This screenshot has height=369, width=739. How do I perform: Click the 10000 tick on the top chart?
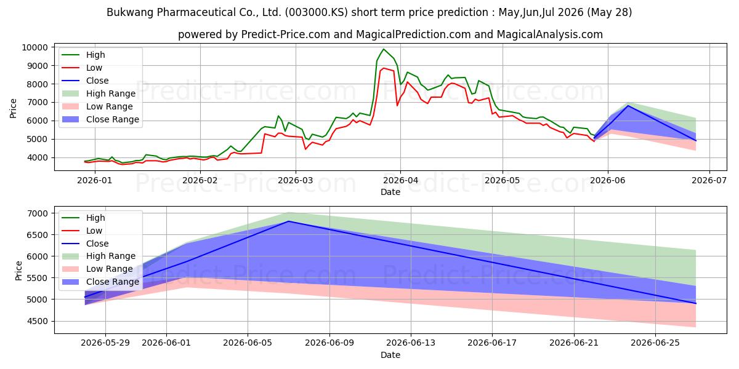pyautogui.click(x=34, y=47)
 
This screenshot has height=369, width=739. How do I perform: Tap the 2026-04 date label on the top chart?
pyautogui.click(x=400, y=181)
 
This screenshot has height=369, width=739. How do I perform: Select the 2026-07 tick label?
pyautogui.click(x=709, y=181)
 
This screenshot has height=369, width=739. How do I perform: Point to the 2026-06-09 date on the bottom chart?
pyautogui.click(x=329, y=343)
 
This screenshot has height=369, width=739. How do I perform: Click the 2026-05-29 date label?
pyautogui.click(x=105, y=343)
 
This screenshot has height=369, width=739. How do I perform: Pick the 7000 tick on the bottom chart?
pyautogui.click(x=39, y=213)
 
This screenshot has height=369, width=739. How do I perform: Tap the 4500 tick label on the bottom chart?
pyautogui.click(x=39, y=321)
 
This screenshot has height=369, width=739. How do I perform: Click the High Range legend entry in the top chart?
pyautogui.click(x=111, y=93)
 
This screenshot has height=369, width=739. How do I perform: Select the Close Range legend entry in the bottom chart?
pyautogui.click(x=113, y=282)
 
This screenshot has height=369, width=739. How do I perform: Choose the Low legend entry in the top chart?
pyautogui.click(x=94, y=68)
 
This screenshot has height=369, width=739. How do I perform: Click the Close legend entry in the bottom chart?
pyautogui.click(x=97, y=244)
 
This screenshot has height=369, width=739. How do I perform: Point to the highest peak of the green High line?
pyautogui.click(x=383, y=49)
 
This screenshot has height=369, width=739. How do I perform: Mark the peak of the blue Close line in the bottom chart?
pyautogui.click(x=289, y=221)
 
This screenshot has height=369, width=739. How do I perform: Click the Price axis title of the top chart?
pyautogui.click(x=13, y=108)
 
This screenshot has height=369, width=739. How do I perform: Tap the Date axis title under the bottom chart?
pyautogui.click(x=390, y=355)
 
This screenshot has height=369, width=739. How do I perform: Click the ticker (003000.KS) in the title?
pyautogui.click(x=316, y=12)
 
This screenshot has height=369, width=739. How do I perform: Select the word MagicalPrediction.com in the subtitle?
pyautogui.click(x=413, y=34)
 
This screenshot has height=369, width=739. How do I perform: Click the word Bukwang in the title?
pyautogui.click(x=130, y=12)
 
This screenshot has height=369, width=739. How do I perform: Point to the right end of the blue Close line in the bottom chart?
pyautogui.click(x=696, y=303)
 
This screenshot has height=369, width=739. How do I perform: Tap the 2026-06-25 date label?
pyautogui.click(x=655, y=343)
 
